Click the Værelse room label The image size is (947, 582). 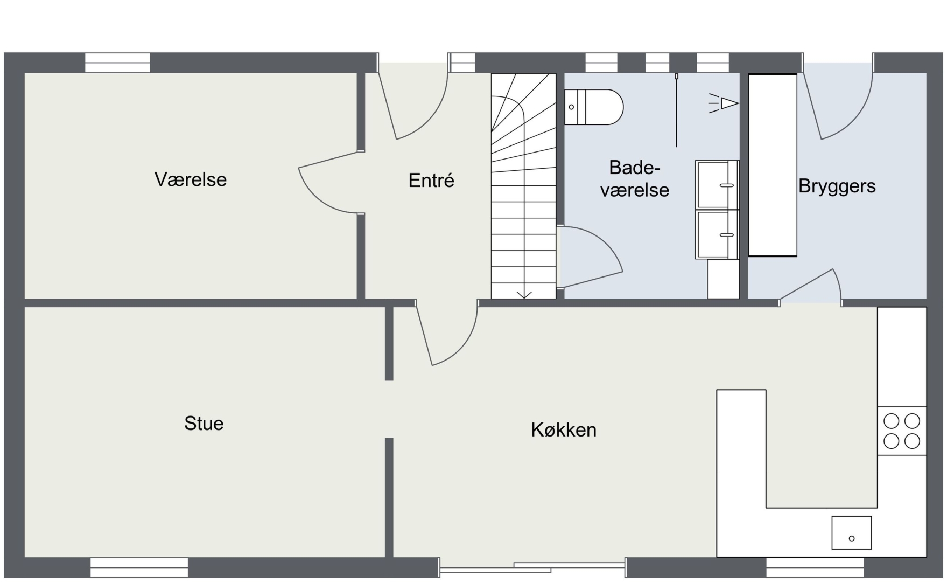coord(191,179)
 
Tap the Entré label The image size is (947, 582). coord(431,180)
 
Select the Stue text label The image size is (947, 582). coord(204,424)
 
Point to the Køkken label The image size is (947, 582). coord(564,429)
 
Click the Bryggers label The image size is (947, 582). coord(837,186)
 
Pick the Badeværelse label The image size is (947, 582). coord(635,178)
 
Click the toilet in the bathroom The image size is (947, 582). coord(594,107)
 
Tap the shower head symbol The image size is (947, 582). coord(724,103)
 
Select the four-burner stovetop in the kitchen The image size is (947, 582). coord(902,431)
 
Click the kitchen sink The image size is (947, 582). coord(852,532)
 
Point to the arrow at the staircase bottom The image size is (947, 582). coord(524,294)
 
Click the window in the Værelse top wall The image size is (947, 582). coord(117,63)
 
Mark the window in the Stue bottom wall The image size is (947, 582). coord(139,567)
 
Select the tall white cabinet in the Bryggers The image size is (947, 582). coord(773,165)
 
